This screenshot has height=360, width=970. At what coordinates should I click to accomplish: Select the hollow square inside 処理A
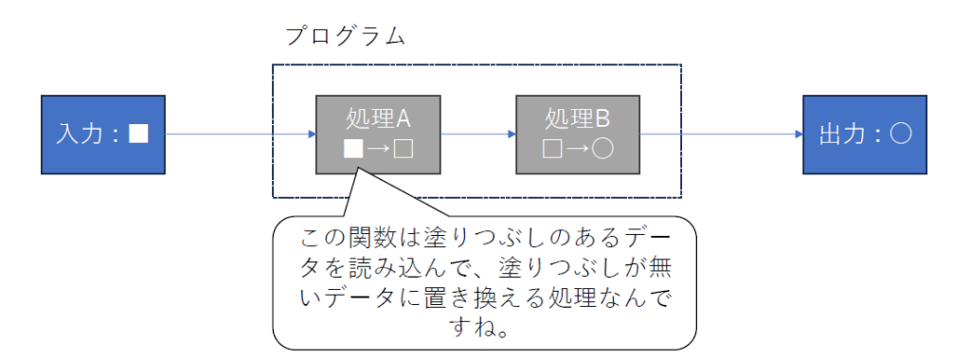404,150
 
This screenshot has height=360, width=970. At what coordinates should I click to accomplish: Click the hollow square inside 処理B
551,150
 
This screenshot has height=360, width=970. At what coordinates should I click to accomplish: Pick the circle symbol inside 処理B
604,150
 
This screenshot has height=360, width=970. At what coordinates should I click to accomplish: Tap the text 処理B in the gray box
577,119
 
